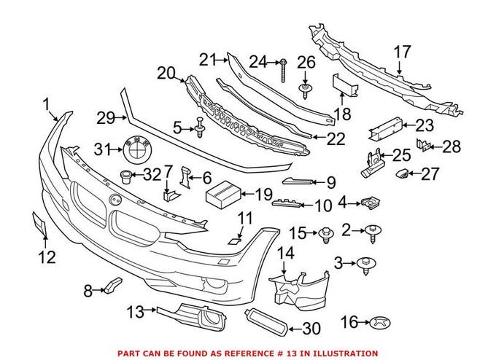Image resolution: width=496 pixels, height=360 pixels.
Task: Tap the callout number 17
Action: (x=403, y=52)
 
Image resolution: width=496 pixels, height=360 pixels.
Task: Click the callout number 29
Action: (x=106, y=117)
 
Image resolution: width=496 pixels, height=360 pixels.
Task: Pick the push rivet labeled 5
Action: (x=200, y=129)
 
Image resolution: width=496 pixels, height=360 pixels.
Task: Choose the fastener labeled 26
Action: (x=306, y=90)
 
